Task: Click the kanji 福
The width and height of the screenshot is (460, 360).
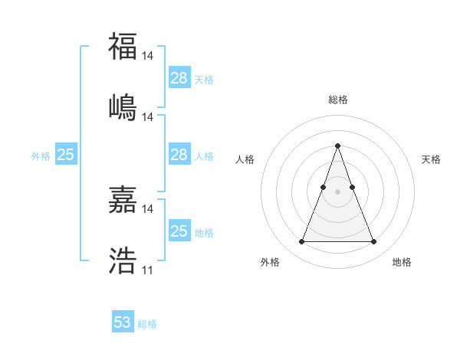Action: click(x=123, y=47)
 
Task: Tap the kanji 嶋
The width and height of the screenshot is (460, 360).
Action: click(x=123, y=106)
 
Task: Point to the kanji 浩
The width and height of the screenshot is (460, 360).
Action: click(x=123, y=260)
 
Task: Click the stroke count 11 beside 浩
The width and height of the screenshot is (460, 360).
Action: click(x=148, y=270)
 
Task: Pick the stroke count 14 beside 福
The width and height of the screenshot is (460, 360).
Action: click(x=148, y=56)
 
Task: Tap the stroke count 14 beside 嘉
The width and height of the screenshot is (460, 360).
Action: click(x=148, y=208)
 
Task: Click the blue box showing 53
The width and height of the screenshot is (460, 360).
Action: click(x=123, y=322)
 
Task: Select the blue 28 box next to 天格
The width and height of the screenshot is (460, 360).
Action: click(x=179, y=78)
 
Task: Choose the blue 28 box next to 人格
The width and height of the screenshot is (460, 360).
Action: click(x=179, y=155)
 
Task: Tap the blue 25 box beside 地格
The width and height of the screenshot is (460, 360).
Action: click(x=179, y=231)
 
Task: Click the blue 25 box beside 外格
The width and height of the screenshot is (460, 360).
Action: click(x=65, y=155)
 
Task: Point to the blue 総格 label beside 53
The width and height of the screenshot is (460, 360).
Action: click(x=147, y=324)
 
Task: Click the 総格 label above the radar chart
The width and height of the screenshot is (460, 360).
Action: click(x=337, y=100)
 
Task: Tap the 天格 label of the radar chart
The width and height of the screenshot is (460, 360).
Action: click(x=431, y=159)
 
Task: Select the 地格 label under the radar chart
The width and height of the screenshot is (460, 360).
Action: click(x=402, y=262)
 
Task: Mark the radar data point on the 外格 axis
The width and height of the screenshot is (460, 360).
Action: click(x=301, y=242)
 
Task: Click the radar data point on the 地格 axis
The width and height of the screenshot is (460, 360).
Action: click(x=373, y=242)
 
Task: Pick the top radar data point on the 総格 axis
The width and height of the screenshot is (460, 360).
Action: click(x=337, y=146)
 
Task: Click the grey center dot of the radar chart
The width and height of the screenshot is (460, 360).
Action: click(x=337, y=191)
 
